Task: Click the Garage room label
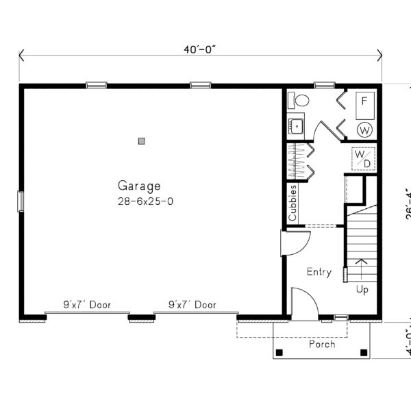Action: (x=139, y=185)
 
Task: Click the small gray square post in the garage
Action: (x=142, y=140)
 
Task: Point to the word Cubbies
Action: (x=292, y=203)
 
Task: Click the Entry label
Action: (x=319, y=272)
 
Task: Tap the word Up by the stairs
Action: (x=362, y=290)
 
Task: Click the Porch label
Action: (x=322, y=344)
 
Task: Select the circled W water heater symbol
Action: (x=365, y=129)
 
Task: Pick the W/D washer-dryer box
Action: (x=363, y=158)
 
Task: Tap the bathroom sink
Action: (x=296, y=126)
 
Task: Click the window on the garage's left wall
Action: (x=21, y=201)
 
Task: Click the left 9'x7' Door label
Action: (x=87, y=305)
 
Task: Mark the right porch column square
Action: (x=363, y=353)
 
